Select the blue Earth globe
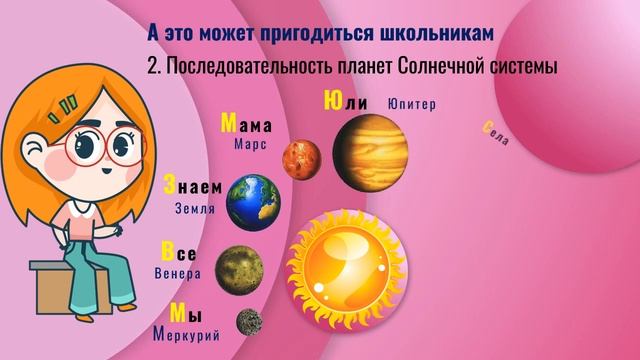click(253, 201)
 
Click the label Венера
click(178, 273)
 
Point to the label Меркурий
click(187, 335)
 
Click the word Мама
click(246, 125)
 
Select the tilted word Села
click(496, 133)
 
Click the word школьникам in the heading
click(437, 33)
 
